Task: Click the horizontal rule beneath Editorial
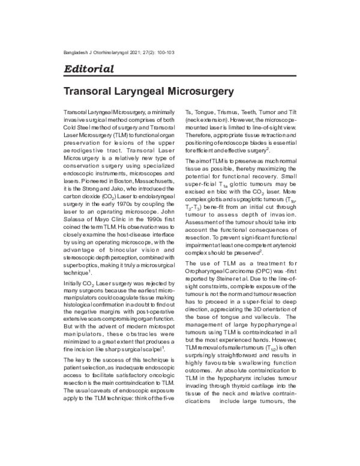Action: [x=179, y=77]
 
